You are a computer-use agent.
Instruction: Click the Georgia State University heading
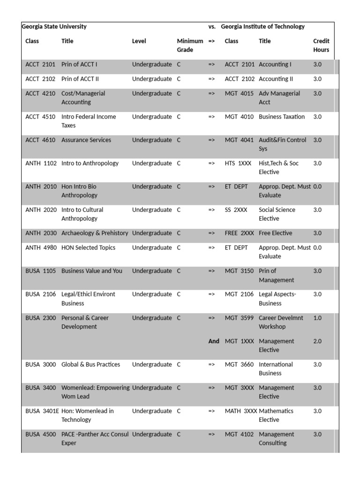pos(54,27)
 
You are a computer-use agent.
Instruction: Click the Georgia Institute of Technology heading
pos(262,27)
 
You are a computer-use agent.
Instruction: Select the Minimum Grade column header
pos(190,45)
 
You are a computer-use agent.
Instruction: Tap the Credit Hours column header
pos(321,45)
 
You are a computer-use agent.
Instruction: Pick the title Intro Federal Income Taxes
pos(89,121)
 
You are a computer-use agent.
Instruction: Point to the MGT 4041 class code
pos(239,140)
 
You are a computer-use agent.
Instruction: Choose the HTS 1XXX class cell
pos(238,164)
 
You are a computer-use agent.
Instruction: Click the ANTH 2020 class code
pos(41,210)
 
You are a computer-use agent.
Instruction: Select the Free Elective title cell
pos(275,233)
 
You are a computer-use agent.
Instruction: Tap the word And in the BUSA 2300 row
pos(214,341)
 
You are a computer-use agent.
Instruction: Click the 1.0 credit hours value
pos(317,318)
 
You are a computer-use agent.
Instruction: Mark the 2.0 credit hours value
pos(317,341)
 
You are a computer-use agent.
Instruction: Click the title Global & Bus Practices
pos(90,365)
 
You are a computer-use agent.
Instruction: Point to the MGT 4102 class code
pos(239,435)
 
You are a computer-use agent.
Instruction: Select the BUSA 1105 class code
pos(41,271)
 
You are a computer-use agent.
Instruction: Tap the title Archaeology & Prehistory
pos(95,233)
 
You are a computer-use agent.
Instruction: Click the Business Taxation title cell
pos(282,117)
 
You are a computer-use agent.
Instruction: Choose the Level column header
pos(139,41)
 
